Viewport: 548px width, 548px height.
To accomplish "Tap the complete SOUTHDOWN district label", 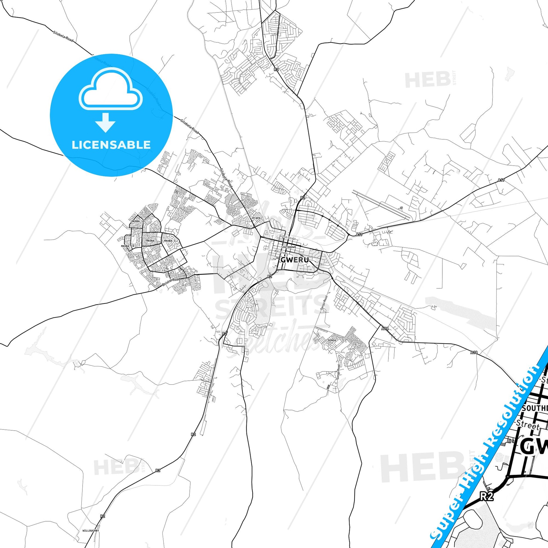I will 289,247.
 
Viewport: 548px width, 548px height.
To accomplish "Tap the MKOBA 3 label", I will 170,241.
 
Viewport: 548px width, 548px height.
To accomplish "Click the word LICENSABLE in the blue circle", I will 111,145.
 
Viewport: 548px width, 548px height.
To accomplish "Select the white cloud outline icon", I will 111,89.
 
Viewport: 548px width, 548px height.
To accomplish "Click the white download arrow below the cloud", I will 105,122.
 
